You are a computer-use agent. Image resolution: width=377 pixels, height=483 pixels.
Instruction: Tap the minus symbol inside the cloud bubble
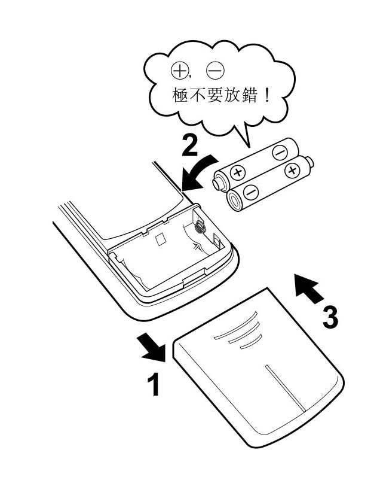(x=213, y=72)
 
